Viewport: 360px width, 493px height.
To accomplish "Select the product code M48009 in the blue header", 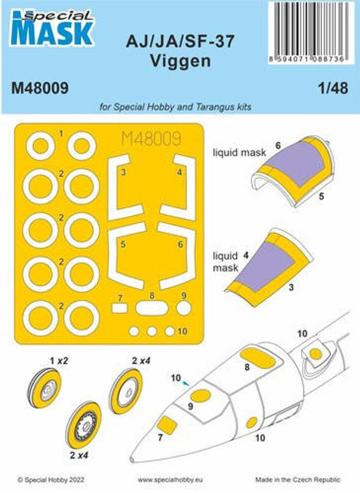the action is [x=40, y=88].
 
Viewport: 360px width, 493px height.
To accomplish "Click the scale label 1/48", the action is [x=334, y=88].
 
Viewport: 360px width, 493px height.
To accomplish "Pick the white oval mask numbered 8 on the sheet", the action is [x=152, y=308].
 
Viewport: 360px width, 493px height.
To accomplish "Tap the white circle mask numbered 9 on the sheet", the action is [x=184, y=308].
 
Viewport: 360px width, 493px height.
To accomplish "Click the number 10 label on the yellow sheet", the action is [x=183, y=331].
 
